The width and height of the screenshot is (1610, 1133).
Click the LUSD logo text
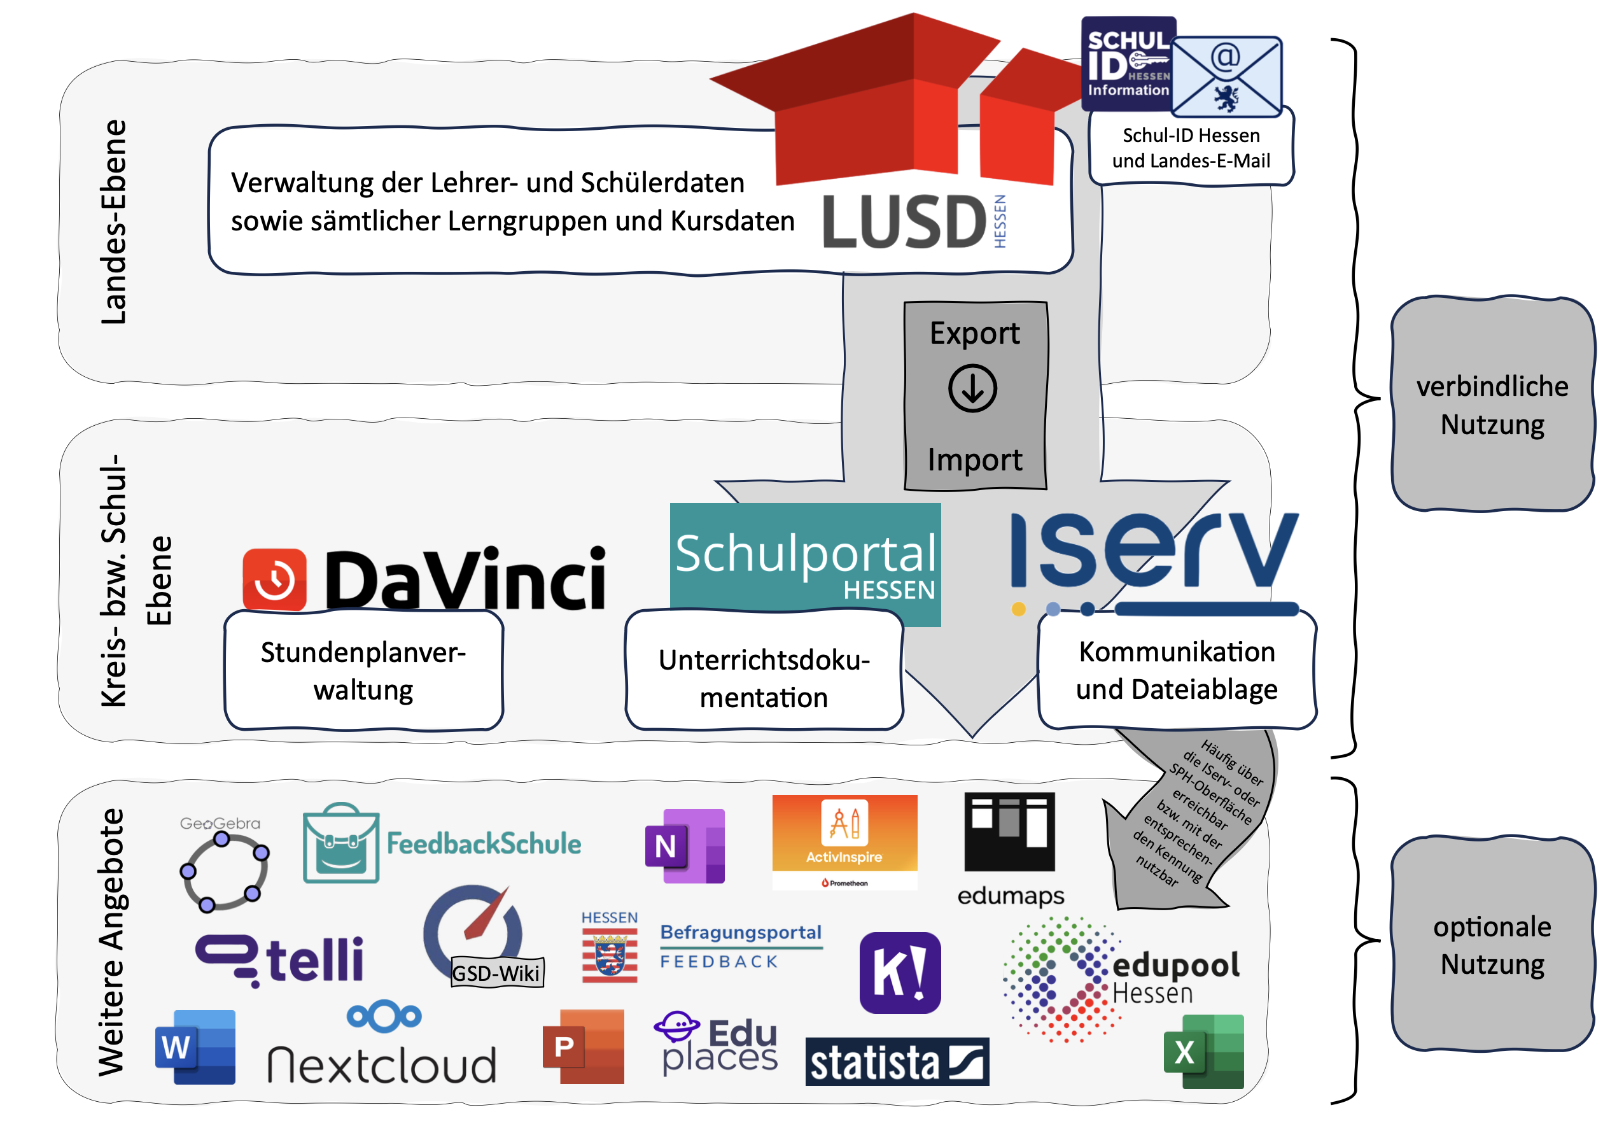(x=904, y=222)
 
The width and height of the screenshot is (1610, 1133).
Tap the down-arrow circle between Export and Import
(x=972, y=388)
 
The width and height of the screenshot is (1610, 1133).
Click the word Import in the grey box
(x=974, y=460)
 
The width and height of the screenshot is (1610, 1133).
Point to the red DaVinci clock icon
(x=274, y=579)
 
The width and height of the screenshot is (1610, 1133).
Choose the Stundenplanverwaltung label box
(x=363, y=671)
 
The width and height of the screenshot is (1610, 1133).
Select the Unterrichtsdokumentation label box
(x=764, y=678)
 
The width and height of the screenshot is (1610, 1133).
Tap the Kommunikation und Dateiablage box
(x=1177, y=670)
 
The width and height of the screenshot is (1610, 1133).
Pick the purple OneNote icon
(x=683, y=846)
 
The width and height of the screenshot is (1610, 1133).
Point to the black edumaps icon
(x=1009, y=832)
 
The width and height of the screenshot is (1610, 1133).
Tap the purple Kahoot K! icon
(x=900, y=973)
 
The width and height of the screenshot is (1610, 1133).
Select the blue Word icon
(x=195, y=1046)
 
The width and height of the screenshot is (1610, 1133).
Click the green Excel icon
(x=1203, y=1052)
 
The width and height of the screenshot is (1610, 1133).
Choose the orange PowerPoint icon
(x=583, y=1046)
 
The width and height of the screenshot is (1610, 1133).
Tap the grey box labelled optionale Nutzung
(x=1492, y=945)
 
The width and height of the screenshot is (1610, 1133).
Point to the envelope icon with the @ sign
(x=1226, y=77)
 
